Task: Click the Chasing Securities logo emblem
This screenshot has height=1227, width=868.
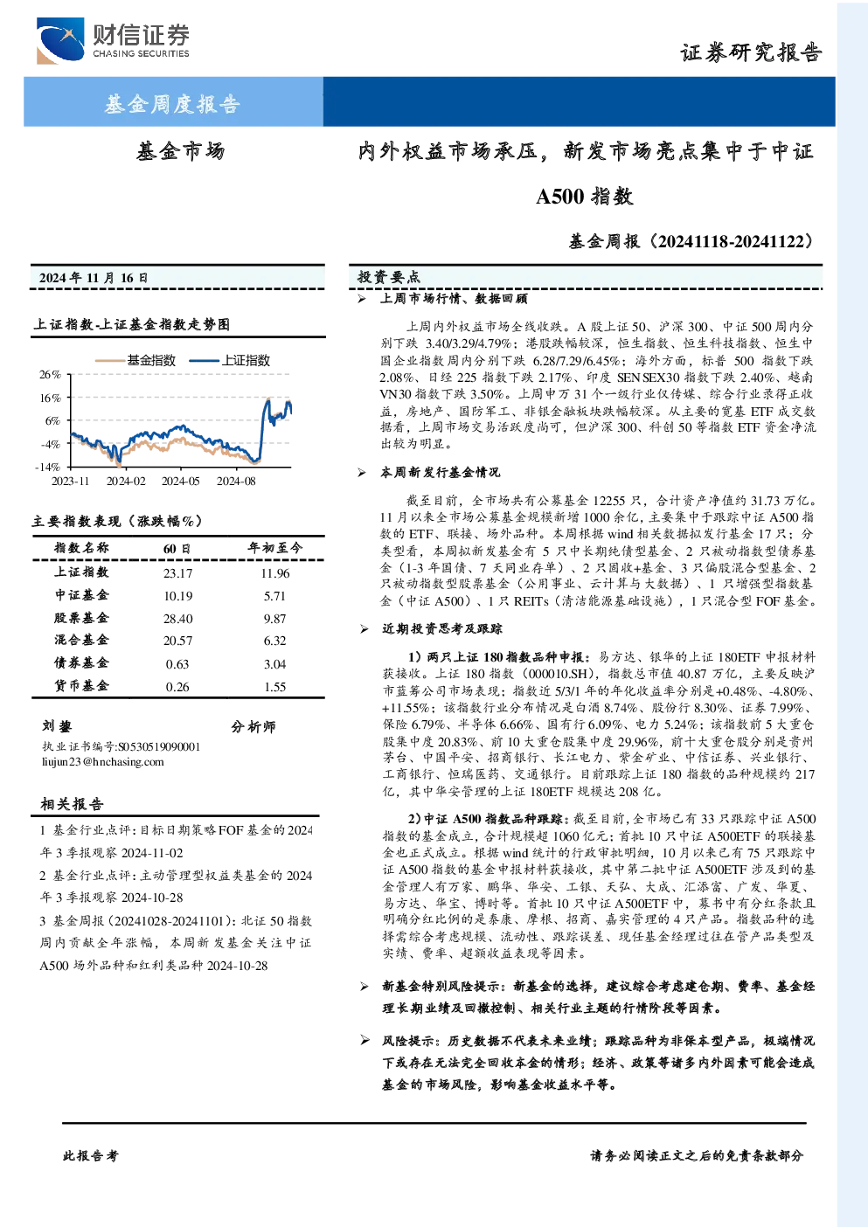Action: [60, 40]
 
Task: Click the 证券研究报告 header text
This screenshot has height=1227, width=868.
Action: [751, 52]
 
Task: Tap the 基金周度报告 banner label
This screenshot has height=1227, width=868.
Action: [172, 104]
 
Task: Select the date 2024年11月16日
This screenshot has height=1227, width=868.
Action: [94, 278]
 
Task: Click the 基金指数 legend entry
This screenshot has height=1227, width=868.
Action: [135, 360]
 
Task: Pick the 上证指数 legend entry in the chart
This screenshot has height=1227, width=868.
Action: [230, 360]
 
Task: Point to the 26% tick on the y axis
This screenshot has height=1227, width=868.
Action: [50, 375]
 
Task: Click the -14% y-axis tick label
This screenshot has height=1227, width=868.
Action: [48, 467]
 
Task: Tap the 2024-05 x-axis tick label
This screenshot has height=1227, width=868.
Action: [180, 481]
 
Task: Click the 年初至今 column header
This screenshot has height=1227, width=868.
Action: [274, 548]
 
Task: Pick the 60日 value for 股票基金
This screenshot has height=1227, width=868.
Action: [178, 619]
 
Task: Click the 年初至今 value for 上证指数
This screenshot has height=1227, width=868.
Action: [275, 573]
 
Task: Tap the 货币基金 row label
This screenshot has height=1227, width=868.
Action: [81, 686]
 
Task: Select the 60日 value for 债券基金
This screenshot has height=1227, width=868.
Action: [177, 664]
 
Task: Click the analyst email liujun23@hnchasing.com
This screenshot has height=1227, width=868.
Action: [103, 762]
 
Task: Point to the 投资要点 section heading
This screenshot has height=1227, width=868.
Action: [388, 277]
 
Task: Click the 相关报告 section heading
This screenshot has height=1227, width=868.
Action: [72, 804]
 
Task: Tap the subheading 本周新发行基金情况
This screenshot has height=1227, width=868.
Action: [440, 472]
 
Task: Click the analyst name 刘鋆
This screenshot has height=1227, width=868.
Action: [57, 726]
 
